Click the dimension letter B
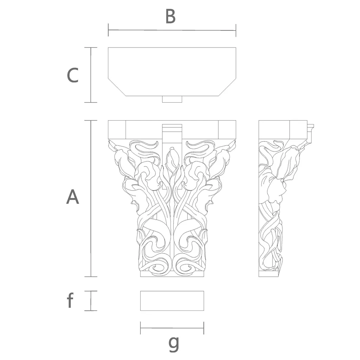(171, 17)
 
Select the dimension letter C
(72, 75)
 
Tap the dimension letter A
(72, 197)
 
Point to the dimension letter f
(70, 300)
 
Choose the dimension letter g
(174, 344)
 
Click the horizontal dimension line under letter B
(172, 30)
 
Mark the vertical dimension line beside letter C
(91, 75)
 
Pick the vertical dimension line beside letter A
(91, 198)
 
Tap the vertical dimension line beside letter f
(91, 301)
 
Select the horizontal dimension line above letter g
(172, 328)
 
